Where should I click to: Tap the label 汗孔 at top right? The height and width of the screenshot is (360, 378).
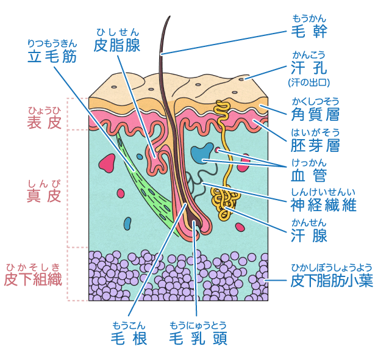pos(308,68)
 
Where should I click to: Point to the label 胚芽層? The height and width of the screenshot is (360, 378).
pos(315,145)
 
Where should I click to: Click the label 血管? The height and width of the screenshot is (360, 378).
pos(308,176)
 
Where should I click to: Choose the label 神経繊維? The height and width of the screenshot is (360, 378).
pos(323,206)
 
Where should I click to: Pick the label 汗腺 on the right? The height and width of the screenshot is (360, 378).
pos(308,236)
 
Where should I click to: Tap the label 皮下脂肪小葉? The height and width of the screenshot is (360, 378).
pos(330,281)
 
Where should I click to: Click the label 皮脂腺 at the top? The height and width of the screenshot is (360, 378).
pos(117,45)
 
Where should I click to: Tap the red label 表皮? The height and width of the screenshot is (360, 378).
pos(45,122)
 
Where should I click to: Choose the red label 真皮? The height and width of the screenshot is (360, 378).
pos(45,196)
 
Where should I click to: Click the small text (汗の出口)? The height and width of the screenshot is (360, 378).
pos(308,82)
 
